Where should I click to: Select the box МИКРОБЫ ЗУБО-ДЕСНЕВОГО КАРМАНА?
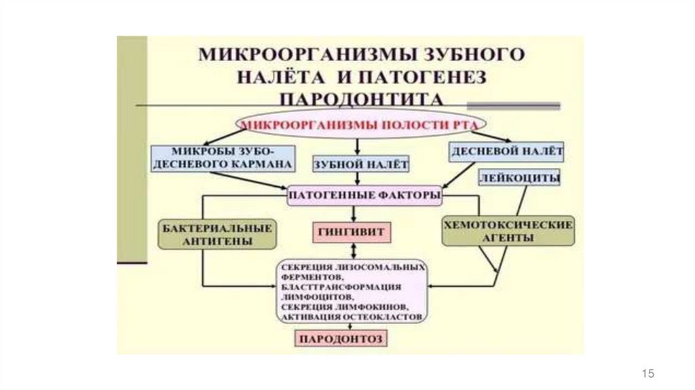tap(223, 157)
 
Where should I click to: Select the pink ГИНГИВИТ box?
tap(353, 232)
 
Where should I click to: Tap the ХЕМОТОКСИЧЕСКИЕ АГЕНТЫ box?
tap(508, 231)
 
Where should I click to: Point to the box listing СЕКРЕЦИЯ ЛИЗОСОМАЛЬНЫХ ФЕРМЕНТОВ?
tap(352, 291)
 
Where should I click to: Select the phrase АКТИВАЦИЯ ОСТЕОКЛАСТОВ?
tap(352, 317)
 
